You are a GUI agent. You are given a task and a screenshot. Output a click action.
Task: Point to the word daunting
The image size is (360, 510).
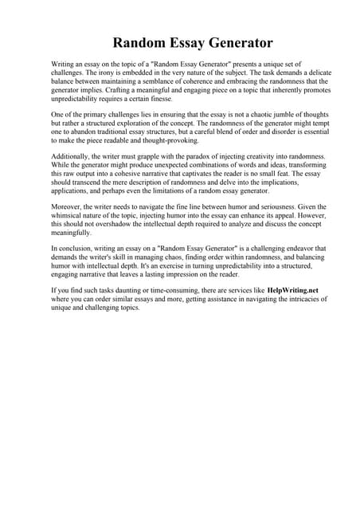pos(139,292)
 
